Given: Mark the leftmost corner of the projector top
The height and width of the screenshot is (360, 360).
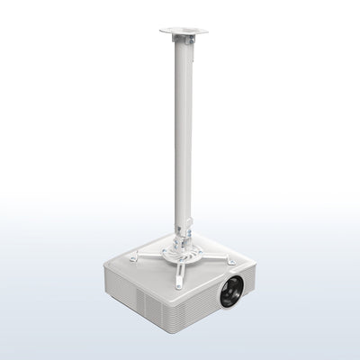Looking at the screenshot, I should click(x=107, y=262).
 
